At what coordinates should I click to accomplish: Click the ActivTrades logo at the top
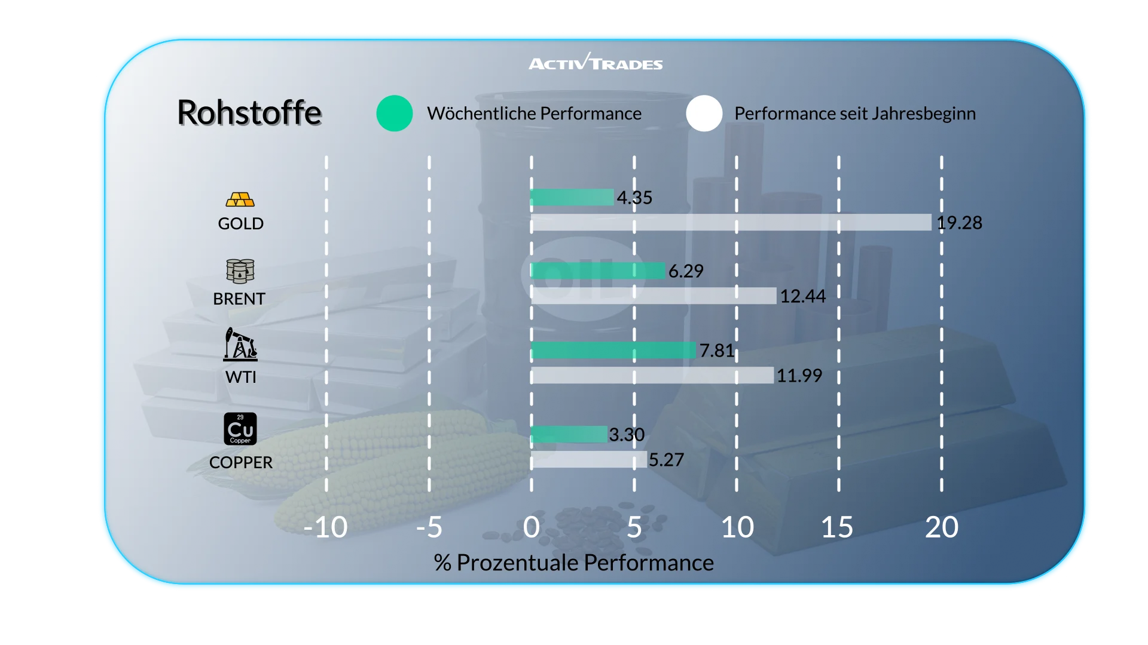tap(596, 62)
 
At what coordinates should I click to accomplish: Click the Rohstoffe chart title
tap(249, 112)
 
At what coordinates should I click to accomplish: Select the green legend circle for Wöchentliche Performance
tap(395, 113)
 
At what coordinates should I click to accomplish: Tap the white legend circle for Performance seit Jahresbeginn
tap(704, 113)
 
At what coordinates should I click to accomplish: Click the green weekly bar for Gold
tap(572, 197)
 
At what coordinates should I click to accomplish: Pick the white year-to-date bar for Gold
tap(731, 222)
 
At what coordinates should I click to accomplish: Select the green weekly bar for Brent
tap(598, 271)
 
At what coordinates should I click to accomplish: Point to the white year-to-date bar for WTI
tap(652, 375)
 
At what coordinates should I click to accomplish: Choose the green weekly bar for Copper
tap(569, 434)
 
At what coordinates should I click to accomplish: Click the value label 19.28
tap(959, 223)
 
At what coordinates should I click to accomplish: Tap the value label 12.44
tap(802, 296)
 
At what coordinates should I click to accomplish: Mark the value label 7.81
tap(717, 351)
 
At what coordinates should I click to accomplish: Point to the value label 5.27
tap(666, 460)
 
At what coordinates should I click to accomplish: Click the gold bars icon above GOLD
tap(240, 199)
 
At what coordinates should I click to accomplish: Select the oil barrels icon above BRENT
tap(240, 271)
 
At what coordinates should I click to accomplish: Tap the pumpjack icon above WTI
tap(240, 344)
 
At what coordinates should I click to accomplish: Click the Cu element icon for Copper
tap(240, 429)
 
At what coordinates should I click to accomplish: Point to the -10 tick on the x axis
tap(325, 527)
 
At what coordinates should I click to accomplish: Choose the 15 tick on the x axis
tap(837, 527)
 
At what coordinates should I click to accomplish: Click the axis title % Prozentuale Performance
tap(573, 563)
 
